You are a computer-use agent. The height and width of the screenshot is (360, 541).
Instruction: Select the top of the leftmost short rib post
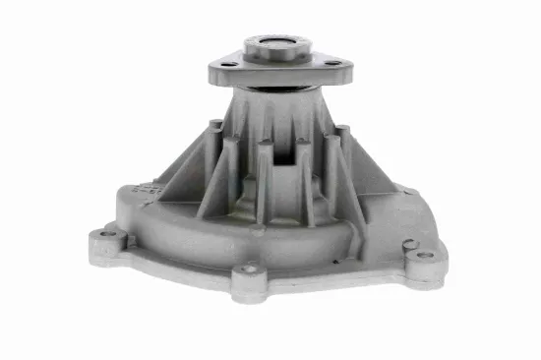[214, 125]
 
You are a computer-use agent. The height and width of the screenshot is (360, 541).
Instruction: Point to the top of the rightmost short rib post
[342, 129]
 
